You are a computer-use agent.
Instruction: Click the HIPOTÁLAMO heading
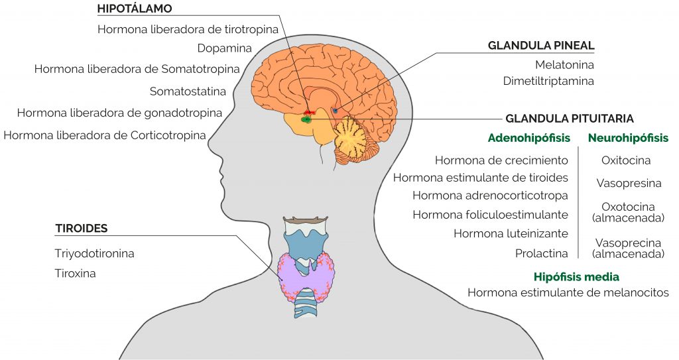pyautogui.click(x=135, y=8)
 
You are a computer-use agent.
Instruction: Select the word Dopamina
pyautogui.click(x=224, y=48)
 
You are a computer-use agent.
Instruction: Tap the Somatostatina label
pyautogui.click(x=188, y=91)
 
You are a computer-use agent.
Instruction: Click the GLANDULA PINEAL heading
pyautogui.click(x=541, y=46)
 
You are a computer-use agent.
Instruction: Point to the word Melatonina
pyautogui.click(x=564, y=65)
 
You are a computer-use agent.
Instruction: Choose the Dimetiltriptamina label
pyautogui.click(x=548, y=81)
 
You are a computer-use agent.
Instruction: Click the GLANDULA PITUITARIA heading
pyautogui.click(x=570, y=119)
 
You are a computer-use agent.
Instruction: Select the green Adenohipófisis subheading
pyautogui.click(x=529, y=138)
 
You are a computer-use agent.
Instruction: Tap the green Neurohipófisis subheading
pyautogui.click(x=629, y=138)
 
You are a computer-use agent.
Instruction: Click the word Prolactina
pyautogui.click(x=541, y=253)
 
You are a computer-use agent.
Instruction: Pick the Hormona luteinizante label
pyautogui.click(x=511, y=233)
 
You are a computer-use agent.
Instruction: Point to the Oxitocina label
pyautogui.click(x=626, y=160)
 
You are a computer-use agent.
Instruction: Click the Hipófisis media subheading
pyautogui.click(x=576, y=277)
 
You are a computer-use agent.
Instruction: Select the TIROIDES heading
pyautogui.click(x=81, y=228)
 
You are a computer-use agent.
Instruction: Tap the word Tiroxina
pyautogui.click(x=75, y=273)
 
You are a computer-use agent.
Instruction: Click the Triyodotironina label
pyautogui.click(x=94, y=253)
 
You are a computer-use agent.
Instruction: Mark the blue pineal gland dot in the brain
pyautogui.click(x=335, y=111)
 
